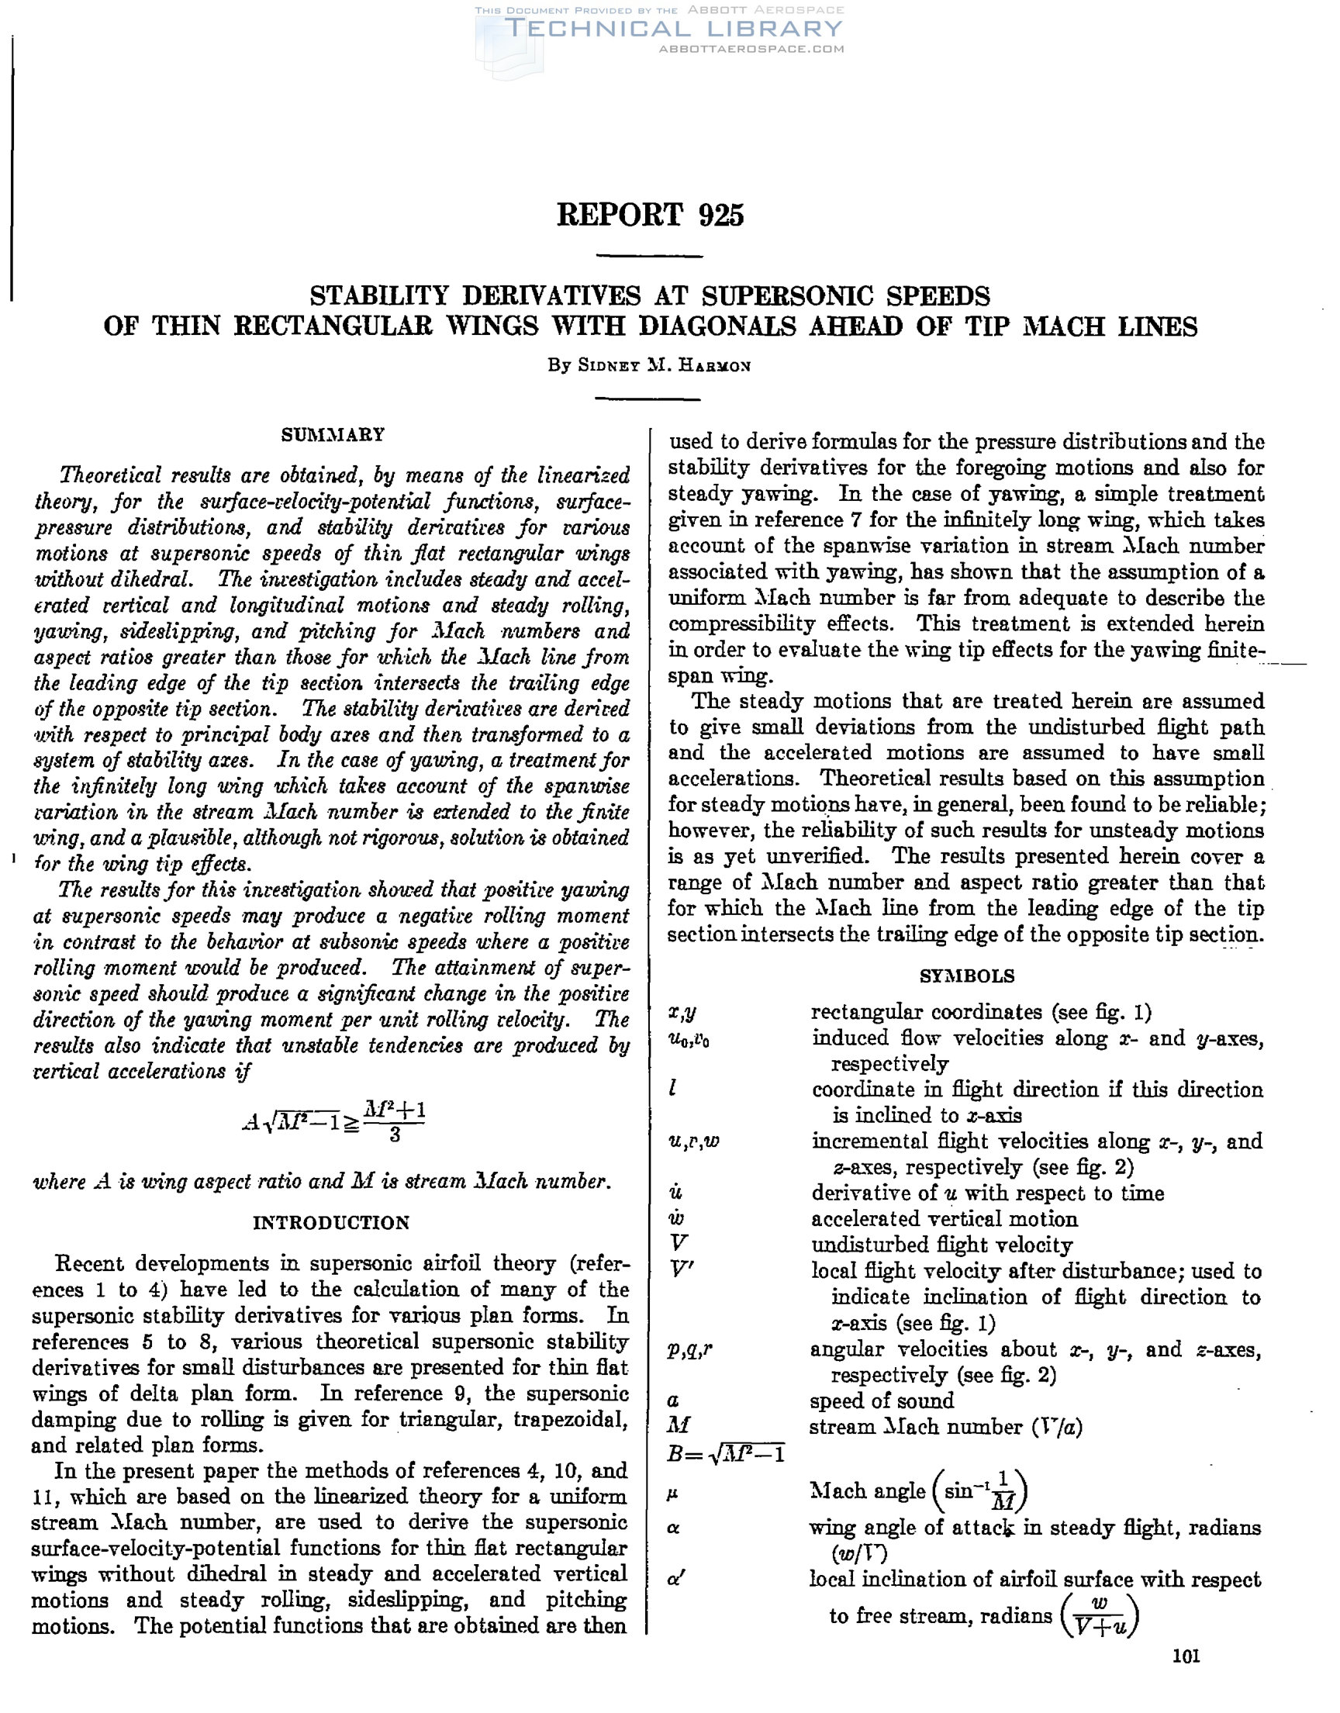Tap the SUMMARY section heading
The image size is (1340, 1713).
[333, 434]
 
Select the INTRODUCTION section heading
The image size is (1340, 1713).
[331, 1223]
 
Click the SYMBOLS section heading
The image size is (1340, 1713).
[966, 976]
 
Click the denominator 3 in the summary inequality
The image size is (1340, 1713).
[395, 1135]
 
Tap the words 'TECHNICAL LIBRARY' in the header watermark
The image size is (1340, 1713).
[673, 29]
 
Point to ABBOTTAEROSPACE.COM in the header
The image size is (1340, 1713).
[751, 49]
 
